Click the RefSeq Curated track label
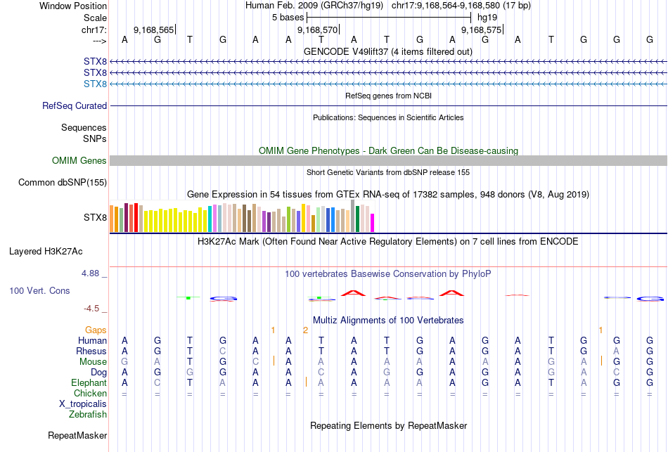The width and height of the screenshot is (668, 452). pyautogui.click(x=75, y=106)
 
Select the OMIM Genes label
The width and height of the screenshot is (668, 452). pyautogui.click(x=79, y=161)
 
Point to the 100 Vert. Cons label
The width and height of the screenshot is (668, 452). pyautogui.click(x=39, y=290)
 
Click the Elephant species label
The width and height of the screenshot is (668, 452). pyautogui.click(x=89, y=383)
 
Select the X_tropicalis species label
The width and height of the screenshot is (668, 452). pyautogui.click(x=83, y=404)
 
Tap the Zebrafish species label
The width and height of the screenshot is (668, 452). pyautogui.click(x=88, y=415)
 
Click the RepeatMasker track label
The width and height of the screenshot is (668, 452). pyautogui.click(x=77, y=436)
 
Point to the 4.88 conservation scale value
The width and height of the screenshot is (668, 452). pyautogui.click(x=93, y=273)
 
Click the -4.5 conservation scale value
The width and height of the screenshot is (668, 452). pyautogui.click(x=93, y=308)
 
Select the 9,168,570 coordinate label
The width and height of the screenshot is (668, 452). pyautogui.click(x=318, y=30)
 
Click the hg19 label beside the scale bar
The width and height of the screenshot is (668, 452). pyautogui.click(x=488, y=17)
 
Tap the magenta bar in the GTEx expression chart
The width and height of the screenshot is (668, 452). pyautogui.click(x=372, y=222)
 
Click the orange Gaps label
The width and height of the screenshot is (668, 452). pyautogui.click(x=96, y=330)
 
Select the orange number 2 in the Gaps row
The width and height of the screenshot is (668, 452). pyautogui.click(x=305, y=330)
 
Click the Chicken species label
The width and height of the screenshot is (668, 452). pyautogui.click(x=90, y=394)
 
